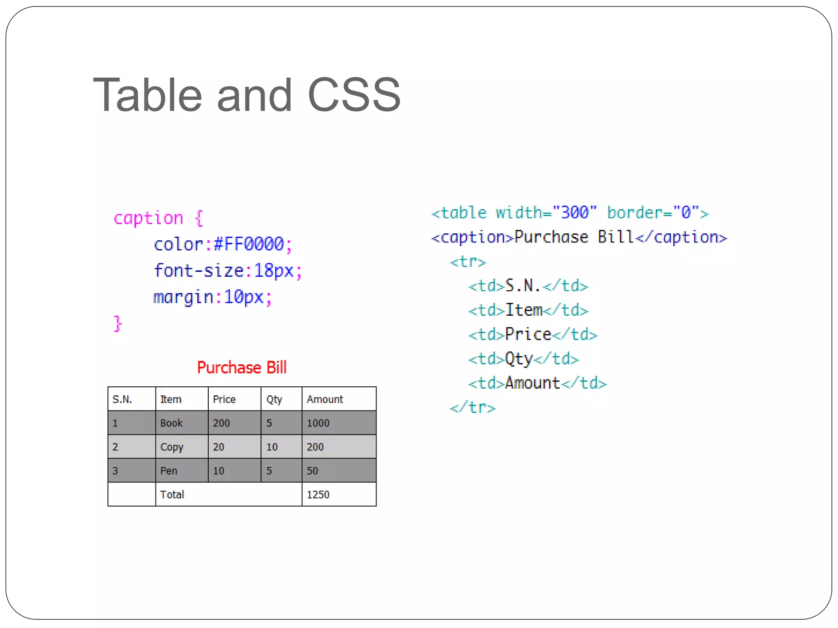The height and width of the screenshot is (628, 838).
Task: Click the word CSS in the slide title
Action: point(354,95)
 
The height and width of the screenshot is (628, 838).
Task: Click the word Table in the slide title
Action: point(147,95)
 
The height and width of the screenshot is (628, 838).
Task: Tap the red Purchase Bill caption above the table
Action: point(242,368)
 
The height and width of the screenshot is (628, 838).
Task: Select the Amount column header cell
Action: point(339,399)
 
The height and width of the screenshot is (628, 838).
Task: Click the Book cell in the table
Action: point(182,423)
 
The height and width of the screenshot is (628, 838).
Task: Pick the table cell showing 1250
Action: point(339,494)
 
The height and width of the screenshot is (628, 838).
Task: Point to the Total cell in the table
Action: point(228,494)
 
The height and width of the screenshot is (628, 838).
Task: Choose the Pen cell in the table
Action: point(182,471)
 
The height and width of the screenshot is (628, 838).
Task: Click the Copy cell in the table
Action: point(182,447)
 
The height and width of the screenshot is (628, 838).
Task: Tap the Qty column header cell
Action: point(281,399)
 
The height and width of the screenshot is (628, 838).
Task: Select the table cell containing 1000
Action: point(339,423)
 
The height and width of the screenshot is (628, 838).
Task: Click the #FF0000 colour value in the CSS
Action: point(249,244)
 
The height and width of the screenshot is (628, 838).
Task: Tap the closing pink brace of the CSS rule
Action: point(118,323)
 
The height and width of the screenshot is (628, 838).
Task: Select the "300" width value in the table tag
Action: point(574,213)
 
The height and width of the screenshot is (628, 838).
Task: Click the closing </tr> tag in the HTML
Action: point(473,408)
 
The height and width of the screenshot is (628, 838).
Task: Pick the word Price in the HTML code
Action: point(528,334)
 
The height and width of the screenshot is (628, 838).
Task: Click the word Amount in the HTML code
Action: point(532,383)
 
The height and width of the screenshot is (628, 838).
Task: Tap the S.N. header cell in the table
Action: point(131,399)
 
